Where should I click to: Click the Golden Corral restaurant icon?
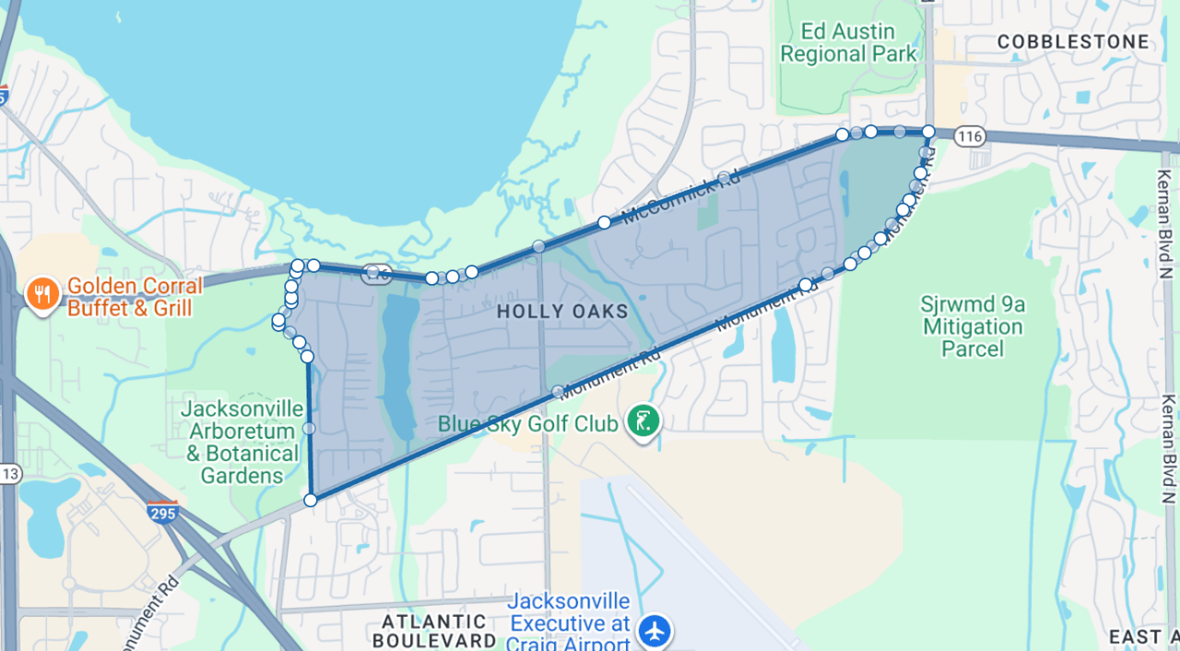click(x=41, y=295)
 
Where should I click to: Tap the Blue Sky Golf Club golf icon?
click(x=643, y=423)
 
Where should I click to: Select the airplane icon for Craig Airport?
click(x=655, y=632)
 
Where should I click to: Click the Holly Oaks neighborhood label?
click(x=562, y=312)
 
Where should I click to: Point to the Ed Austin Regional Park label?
click(x=848, y=43)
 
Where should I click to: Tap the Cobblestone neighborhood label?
click(x=1074, y=41)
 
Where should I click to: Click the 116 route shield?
click(x=969, y=136)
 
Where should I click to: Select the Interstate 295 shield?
click(x=162, y=512)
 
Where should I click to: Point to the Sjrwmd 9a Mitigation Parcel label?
click(x=972, y=326)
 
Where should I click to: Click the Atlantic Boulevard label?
click(x=434, y=631)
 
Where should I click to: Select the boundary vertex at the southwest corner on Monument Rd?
click(x=311, y=500)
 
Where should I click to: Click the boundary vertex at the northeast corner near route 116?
click(x=928, y=132)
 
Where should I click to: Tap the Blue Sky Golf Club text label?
click(x=527, y=424)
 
